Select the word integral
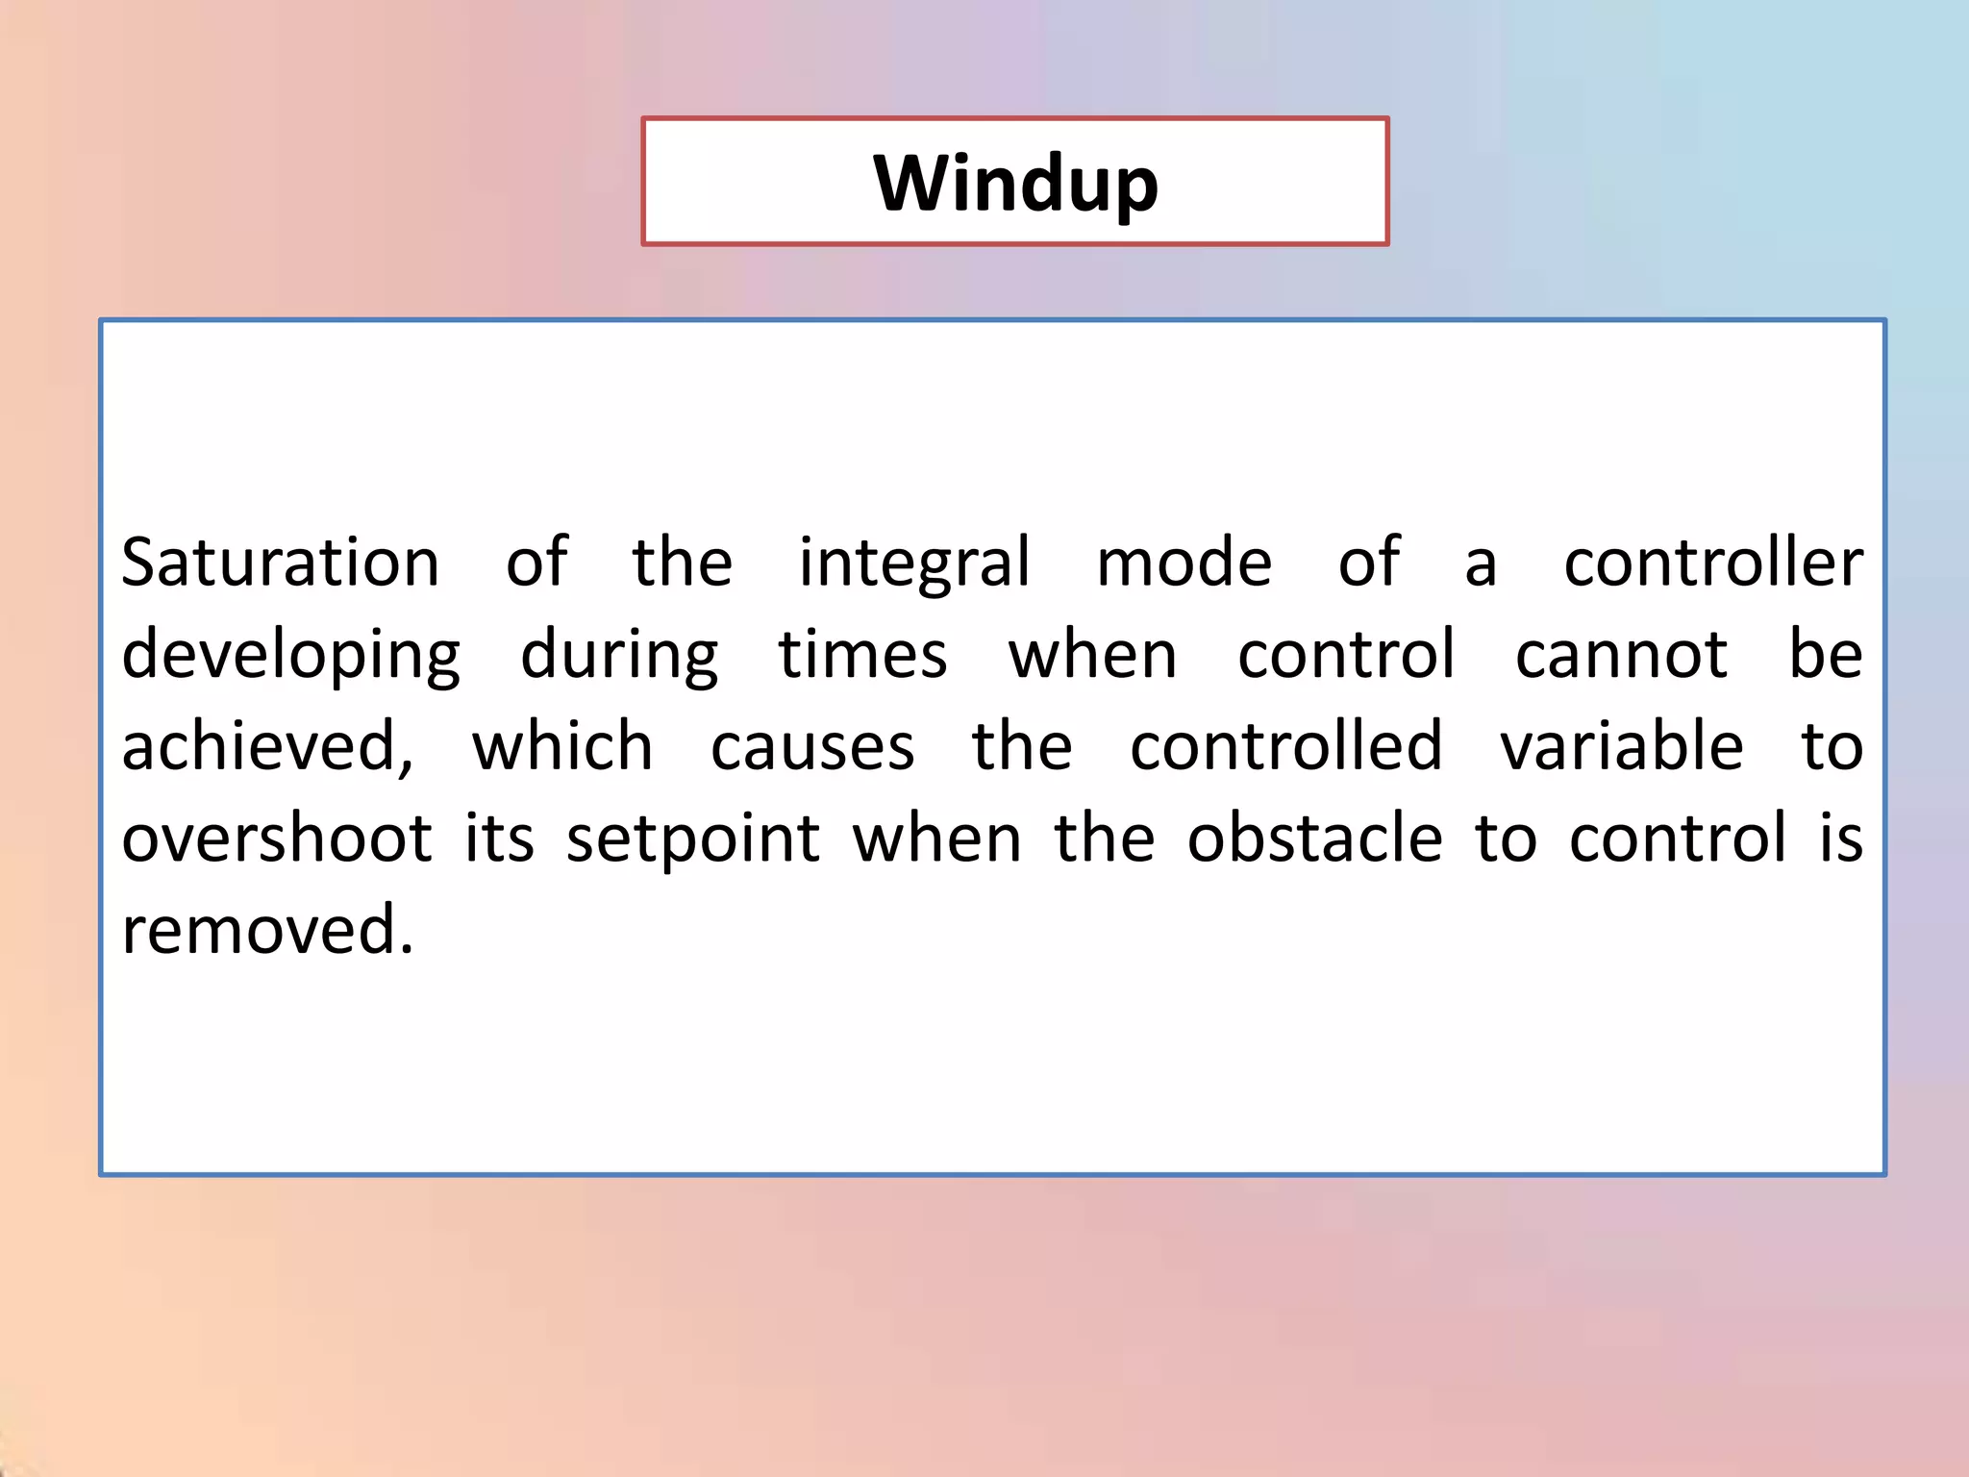tap(914, 563)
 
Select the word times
tap(862, 654)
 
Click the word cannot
tap(1621, 654)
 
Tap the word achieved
tap(266, 746)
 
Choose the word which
tap(562, 746)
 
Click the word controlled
tap(1285, 746)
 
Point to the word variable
tap(1621, 746)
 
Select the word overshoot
tap(277, 839)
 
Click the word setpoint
tap(692, 839)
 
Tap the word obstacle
tap(1314, 839)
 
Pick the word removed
tap(266, 931)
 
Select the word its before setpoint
tap(499, 839)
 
